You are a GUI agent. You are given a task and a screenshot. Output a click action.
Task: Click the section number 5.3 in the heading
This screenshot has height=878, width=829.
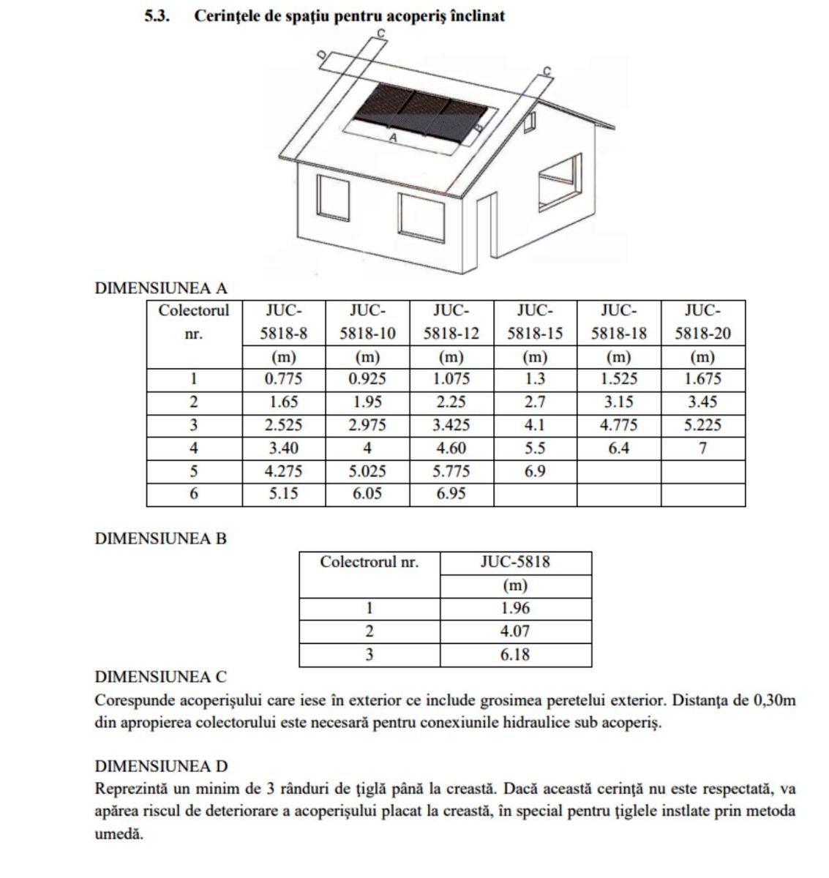click(x=157, y=16)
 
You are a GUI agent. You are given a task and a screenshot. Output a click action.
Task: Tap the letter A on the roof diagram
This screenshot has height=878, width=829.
click(x=393, y=138)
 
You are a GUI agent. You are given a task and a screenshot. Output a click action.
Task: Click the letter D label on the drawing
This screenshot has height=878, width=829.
click(x=320, y=59)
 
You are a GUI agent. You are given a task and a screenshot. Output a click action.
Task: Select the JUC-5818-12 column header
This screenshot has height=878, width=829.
click(x=451, y=322)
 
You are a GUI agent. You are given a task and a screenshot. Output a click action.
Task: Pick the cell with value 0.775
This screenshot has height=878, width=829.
click(x=283, y=379)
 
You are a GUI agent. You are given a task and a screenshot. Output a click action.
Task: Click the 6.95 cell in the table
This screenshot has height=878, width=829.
click(x=451, y=494)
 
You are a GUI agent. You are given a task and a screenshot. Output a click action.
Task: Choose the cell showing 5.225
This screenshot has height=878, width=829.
click(x=702, y=425)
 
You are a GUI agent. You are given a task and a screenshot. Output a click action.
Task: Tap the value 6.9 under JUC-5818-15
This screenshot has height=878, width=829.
click(x=535, y=471)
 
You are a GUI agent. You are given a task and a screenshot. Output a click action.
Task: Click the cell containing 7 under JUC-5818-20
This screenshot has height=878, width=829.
click(x=702, y=448)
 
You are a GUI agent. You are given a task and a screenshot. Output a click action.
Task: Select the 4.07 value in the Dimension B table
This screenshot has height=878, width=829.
click(x=515, y=631)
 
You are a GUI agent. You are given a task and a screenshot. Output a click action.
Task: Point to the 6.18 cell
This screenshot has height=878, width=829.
click(x=515, y=655)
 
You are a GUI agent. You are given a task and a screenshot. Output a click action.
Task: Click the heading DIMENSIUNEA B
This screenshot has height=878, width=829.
click(x=161, y=539)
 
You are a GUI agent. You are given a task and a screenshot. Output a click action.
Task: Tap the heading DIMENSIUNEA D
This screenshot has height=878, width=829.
click(x=162, y=766)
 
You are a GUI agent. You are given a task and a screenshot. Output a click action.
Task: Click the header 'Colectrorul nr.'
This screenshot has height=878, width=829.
click(x=370, y=563)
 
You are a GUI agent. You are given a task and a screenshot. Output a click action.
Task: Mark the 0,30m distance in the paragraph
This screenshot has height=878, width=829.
click(x=774, y=700)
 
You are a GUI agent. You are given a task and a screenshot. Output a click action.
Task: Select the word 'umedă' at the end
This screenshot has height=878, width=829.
click(x=119, y=834)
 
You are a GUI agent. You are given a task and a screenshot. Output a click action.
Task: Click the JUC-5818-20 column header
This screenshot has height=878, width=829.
click(x=702, y=322)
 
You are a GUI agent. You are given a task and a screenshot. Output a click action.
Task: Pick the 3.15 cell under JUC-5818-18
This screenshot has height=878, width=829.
click(x=619, y=402)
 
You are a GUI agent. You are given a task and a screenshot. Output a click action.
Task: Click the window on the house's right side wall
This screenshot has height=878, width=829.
click(x=560, y=179)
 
